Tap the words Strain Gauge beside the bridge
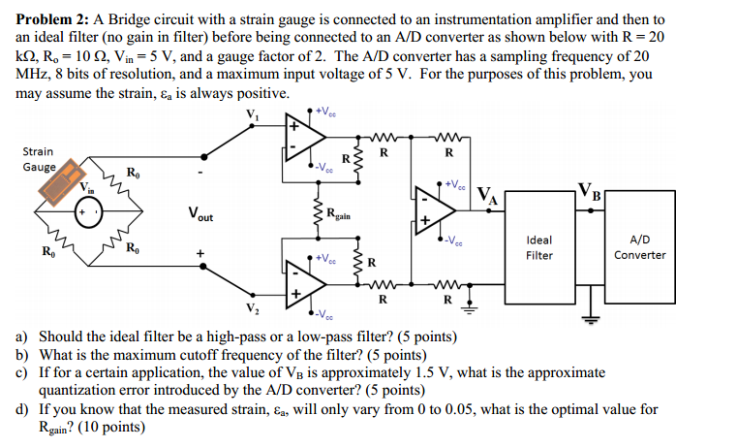38,159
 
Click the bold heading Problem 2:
49,19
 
